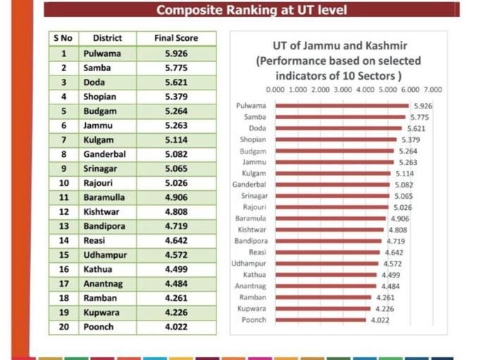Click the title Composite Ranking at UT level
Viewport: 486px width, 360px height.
pyautogui.click(x=251, y=10)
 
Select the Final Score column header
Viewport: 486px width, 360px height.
pyautogui.click(x=175, y=38)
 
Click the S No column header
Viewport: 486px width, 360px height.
pyautogui.click(x=64, y=38)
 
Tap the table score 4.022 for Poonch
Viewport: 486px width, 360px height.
pyautogui.click(x=175, y=328)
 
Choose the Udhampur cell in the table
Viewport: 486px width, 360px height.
pyautogui.click(x=105, y=255)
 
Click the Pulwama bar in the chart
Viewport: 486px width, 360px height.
pyautogui.click(x=342, y=106)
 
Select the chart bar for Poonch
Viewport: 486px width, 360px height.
pyautogui.click(x=320, y=320)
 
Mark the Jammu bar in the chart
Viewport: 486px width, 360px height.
pyautogui.click(x=334, y=162)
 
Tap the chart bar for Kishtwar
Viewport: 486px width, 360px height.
pyautogui.click(x=329, y=230)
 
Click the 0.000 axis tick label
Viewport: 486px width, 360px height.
pyautogui.click(x=275, y=90)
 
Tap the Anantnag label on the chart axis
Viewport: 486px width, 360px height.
pyautogui.click(x=251, y=286)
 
